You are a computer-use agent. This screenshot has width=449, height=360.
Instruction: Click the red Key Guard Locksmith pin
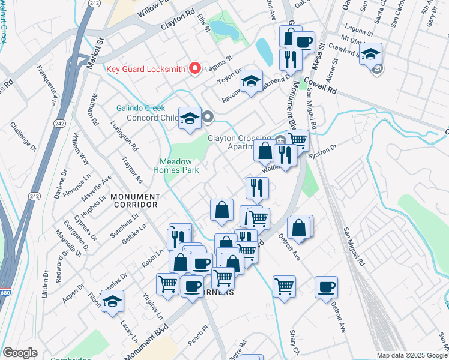coord(194,68)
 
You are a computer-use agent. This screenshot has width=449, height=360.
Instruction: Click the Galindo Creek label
coord(140,108)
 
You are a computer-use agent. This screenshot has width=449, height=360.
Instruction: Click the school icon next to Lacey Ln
coord(112,302)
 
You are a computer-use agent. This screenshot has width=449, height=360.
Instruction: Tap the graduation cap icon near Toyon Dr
coord(252,81)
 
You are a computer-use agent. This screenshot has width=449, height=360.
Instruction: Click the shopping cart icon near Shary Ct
coord(284,286)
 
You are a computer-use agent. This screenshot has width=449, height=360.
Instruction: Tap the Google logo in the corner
coord(20,353)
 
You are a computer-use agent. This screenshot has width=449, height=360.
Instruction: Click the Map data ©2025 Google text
coord(411,355)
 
